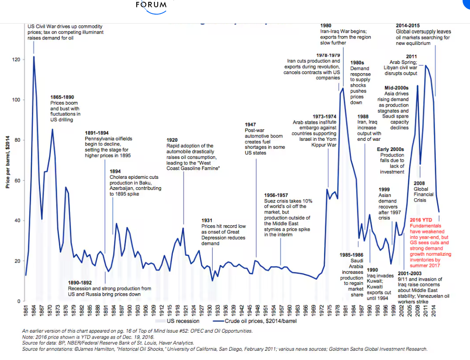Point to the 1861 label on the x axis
(x=26, y=310)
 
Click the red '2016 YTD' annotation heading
(x=422, y=220)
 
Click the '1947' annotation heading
(x=251, y=125)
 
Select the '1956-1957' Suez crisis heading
(x=276, y=195)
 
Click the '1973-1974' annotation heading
(x=324, y=116)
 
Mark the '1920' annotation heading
(x=172, y=140)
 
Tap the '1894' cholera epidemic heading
(x=115, y=171)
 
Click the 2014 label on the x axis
(x=433, y=310)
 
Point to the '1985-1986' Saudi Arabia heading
(x=351, y=255)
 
